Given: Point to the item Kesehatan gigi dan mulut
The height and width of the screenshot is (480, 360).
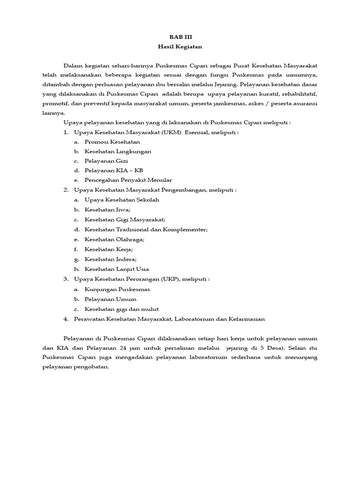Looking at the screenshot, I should [121, 309].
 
